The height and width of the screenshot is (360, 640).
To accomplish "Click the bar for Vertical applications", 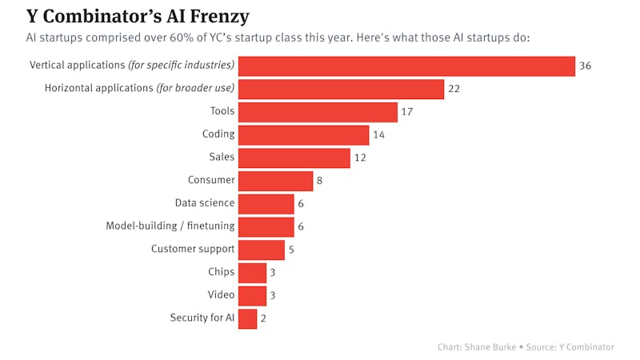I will click(406, 66).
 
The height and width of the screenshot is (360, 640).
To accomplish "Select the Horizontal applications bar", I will click(341, 89).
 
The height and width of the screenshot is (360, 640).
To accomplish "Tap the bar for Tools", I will click(318, 112).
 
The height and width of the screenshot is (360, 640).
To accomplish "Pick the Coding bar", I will click(303, 135).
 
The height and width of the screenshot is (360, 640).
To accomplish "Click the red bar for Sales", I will click(294, 158).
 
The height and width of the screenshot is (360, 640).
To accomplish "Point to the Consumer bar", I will click(275, 181).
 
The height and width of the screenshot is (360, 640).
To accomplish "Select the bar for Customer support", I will click(261, 250).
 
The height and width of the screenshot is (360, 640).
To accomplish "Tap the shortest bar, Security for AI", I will click(247, 318).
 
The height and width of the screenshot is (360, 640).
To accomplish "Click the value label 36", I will click(585, 66).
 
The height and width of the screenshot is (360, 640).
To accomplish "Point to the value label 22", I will click(454, 89).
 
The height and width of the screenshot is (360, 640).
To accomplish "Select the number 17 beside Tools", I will click(407, 112).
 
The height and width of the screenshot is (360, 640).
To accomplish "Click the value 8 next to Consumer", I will click(319, 181).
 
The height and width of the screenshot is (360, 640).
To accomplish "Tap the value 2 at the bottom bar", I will click(263, 318).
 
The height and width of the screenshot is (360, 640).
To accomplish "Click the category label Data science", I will click(205, 203).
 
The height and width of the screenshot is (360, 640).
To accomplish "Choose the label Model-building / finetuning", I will click(170, 226).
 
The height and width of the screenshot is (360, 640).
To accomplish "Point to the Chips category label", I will click(222, 272).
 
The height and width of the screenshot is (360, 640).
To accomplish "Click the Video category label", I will click(221, 295).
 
